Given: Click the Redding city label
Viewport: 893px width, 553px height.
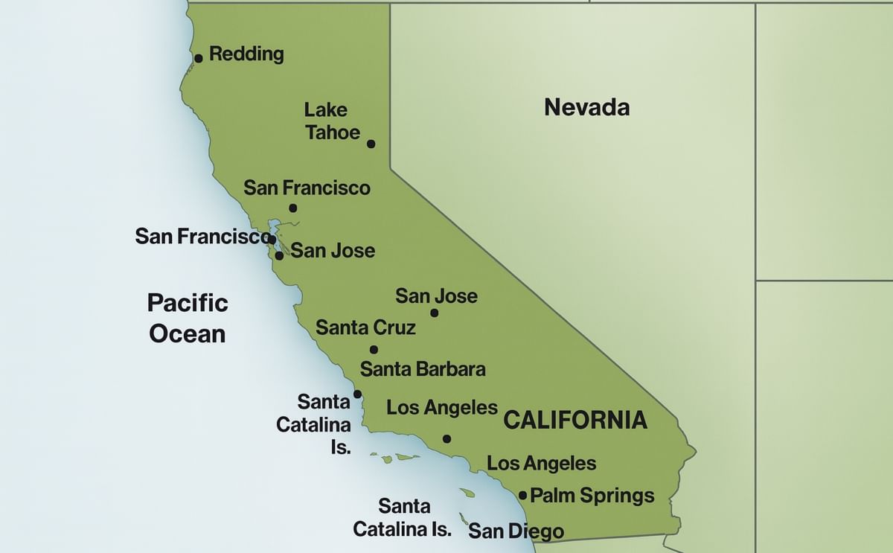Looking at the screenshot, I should point(246,54).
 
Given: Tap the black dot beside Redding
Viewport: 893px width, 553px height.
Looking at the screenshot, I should point(199,58).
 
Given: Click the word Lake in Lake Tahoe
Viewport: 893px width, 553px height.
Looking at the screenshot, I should point(326,110).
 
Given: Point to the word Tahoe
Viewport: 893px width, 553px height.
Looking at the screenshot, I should point(333,132).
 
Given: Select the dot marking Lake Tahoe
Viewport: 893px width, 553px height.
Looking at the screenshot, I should point(371,144).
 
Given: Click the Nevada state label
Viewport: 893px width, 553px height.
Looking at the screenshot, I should point(586,107).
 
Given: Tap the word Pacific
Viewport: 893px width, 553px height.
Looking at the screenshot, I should point(188,303).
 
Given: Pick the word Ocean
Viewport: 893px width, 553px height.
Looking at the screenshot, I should point(188,333).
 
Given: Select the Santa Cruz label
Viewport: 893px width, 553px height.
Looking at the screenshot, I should point(365,327).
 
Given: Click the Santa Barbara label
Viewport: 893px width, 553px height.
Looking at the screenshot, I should point(423,368).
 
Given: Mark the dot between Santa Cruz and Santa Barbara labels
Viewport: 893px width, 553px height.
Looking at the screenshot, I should point(374,350).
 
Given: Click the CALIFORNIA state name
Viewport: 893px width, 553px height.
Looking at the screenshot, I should point(575,420).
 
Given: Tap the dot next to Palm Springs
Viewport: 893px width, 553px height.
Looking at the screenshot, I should point(522,496).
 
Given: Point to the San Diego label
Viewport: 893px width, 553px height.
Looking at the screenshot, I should point(516,531).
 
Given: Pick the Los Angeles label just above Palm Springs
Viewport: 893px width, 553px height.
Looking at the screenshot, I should point(541,464).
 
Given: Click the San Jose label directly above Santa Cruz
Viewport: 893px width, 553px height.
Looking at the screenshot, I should point(436,296).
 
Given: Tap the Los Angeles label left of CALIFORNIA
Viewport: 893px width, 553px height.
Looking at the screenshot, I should point(442,407).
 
